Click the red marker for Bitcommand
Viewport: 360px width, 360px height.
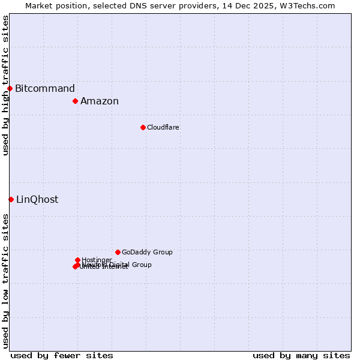pyautogui.click(x=10, y=89)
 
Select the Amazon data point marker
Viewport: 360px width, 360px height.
pyautogui.click(x=76, y=101)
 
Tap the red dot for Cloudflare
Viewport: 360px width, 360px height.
pyautogui.click(x=143, y=127)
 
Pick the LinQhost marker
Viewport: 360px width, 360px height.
pyautogui.click(x=11, y=199)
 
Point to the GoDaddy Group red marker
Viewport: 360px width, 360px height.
pyautogui.click(x=118, y=252)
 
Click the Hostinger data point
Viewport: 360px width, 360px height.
pyautogui.click(x=77, y=260)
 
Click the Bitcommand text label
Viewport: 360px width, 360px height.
pyautogui.click(x=45, y=89)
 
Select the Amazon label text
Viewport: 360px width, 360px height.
pyautogui.click(x=100, y=101)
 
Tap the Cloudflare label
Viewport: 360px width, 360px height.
pyautogui.click(x=163, y=127)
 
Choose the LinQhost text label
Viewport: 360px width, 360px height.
pyautogui.click(x=37, y=200)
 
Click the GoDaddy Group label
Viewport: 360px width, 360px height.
pyautogui.click(x=147, y=252)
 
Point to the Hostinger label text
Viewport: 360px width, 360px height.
pyautogui.click(x=97, y=260)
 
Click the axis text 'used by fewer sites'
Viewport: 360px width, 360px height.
pyautogui.click(x=62, y=355)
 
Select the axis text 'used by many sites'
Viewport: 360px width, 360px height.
pyautogui.click(x=301, y=355)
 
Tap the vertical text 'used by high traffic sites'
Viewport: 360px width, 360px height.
pyautogui.click(x=5, y=85)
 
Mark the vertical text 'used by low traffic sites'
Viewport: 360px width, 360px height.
pyautogui.click(x=5, y=280)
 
